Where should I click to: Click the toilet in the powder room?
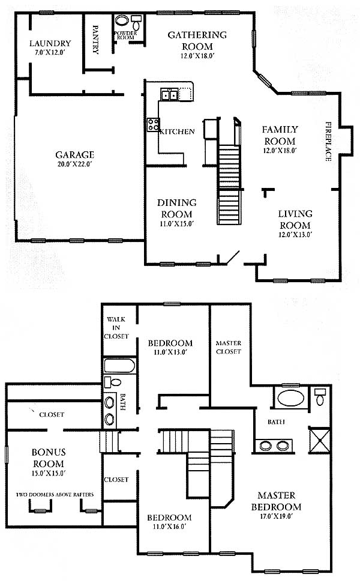tap(137, 22)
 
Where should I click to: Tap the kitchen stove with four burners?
tap(153, 124)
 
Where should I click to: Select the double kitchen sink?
tap(169, 94)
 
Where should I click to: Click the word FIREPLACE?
tap(328, 141)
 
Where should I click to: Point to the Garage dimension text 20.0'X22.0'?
tap(74, 165)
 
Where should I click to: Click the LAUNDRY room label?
tap(50, 43)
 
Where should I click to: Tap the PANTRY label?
tap(95, 40)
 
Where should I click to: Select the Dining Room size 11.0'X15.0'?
tap(177, 224)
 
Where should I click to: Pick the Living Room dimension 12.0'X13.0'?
tap(295, 235)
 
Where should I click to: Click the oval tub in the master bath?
tap(291, 398)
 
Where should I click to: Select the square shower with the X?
tap(320, 440)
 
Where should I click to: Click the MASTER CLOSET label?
tap(229, 347)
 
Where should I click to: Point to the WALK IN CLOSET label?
tap(116, 328)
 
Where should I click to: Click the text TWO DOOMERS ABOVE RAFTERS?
tap(55, 495)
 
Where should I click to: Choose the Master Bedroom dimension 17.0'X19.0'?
tap(277, 516)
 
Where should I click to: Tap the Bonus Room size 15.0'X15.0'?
tap(49, 473)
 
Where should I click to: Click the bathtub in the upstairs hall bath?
tap(119, 366)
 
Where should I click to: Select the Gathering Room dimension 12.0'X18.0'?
tap(197, 56)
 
